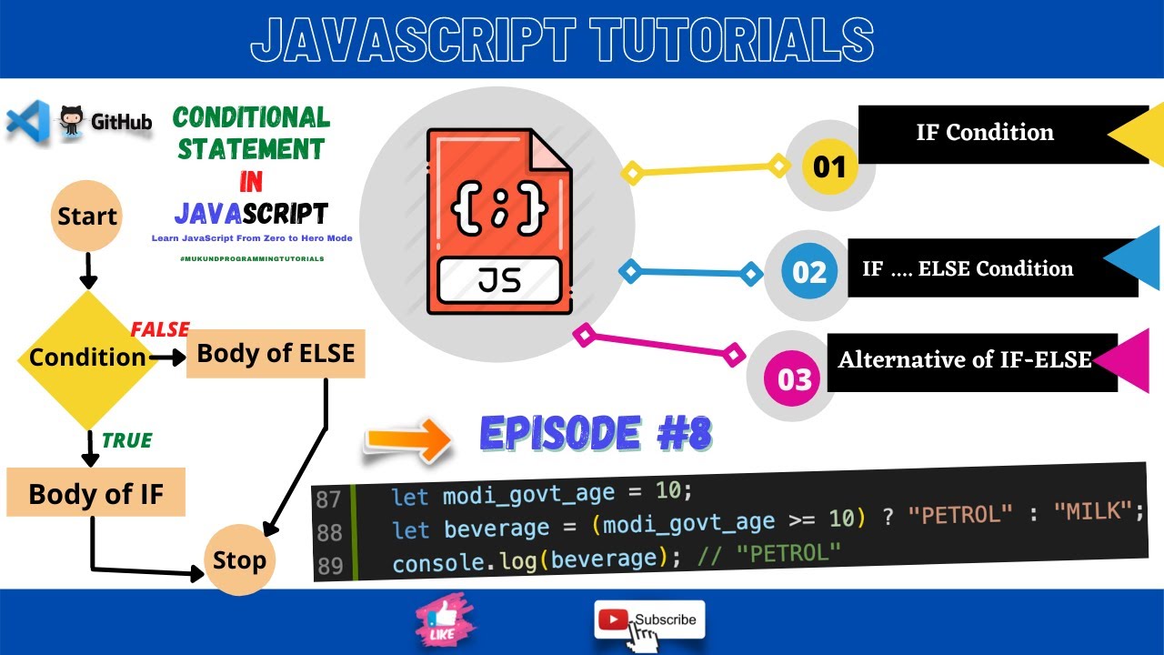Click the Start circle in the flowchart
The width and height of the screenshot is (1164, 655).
(x=87, y=217)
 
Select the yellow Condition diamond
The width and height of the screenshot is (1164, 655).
(x=88, y=358)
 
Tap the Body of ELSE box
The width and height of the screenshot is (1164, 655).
(x=276, y=353)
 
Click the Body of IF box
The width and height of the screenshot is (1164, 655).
(x=95, y=494)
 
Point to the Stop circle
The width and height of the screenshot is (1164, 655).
(x=238, y=559)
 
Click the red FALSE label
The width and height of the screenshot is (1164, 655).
(x=160, y=329)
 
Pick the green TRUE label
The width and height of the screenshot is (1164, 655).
(x=126, y=441)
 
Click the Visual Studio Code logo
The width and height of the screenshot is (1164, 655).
(x=27, y=122)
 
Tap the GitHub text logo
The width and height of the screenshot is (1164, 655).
(x=121, y=122)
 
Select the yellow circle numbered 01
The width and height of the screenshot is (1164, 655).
(x=829, y=167)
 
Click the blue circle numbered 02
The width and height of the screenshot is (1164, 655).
(x=808, y=272)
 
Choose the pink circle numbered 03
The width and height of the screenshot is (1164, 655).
(x=793, y=378)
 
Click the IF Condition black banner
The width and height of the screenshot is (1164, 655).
(x=985, y=133)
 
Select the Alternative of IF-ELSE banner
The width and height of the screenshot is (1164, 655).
(x=965, y=360)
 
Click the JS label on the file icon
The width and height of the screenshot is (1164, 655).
(x=499, y=279)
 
